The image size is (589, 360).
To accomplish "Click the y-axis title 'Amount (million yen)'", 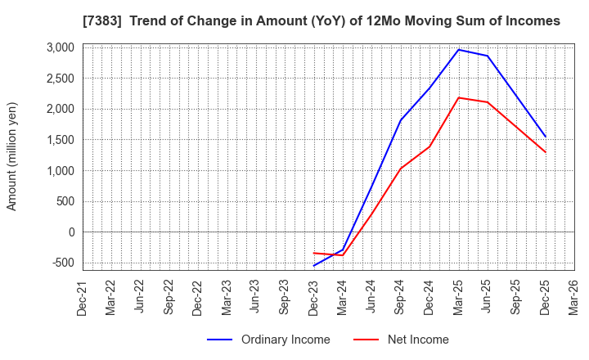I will coord(12,156).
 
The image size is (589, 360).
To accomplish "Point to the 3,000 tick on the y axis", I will coord(60,47).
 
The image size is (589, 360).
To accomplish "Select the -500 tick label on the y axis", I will coord(61,263).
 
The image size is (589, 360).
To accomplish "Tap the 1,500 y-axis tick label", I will coord(60,140).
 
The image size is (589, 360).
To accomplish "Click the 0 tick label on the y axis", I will coord(72,232).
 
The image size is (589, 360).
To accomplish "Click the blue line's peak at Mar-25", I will coord(458,50).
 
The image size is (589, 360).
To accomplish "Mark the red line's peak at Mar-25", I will coord(458,98).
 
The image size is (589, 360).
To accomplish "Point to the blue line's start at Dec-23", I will coord(313,266).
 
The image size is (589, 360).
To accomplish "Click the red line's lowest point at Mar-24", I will coord(343,255).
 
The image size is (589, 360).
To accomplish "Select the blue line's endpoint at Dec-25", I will coord(545,137).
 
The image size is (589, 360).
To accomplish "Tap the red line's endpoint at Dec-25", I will coord(545,152).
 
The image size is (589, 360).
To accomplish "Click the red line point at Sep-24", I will coord(400,169).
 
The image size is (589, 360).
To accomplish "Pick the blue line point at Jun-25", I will coord(488,56).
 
